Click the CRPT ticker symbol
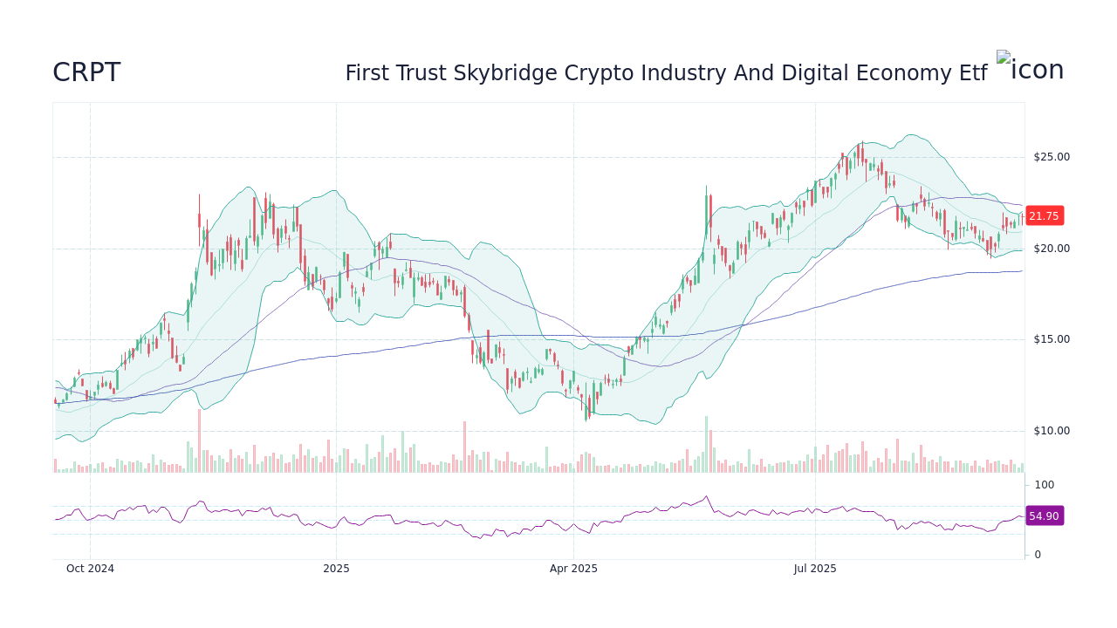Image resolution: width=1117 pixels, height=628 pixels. pos(86,72)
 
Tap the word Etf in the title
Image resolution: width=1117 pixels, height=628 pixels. pos(970,73)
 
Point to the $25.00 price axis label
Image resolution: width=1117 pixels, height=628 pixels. pos(1051,157)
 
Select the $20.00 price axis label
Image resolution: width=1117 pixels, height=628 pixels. pos(1051,249)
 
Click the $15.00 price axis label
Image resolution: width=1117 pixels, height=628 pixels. pos(1051,339)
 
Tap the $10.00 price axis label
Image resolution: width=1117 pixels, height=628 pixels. pos(1051,431)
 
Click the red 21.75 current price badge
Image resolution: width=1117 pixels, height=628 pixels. pos(1044,216)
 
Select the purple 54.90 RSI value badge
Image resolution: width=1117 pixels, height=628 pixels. pos(1044,516)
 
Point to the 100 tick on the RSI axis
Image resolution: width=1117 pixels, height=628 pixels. pos(1045,485)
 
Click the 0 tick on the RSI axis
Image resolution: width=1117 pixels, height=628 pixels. pos(1038,555)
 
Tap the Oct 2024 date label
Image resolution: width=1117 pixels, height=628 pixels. pos(90,569)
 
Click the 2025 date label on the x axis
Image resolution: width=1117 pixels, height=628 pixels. pos(336,569)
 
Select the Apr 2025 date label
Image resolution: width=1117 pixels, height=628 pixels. pos(573,569)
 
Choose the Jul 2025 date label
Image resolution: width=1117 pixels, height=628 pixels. pos(815,569)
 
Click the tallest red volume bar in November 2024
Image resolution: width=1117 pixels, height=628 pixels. pos(199,441)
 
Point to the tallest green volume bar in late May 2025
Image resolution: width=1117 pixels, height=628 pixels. pos(706,445)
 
